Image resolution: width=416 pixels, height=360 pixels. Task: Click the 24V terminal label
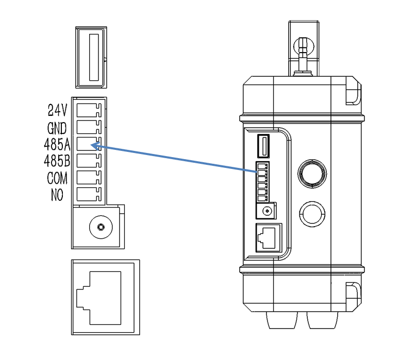point(57,110)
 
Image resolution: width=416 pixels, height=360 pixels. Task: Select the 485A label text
point(57,144)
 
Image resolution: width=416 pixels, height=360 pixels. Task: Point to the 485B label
point(57,161)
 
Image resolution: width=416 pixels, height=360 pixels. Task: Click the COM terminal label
point(58,178)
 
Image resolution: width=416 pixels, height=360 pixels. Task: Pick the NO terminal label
point(57,195)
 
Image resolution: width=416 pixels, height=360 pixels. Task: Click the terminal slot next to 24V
point(88,110)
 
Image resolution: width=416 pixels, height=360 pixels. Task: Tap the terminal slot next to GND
point(88,127)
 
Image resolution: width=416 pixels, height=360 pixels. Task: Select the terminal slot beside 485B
point(88,161)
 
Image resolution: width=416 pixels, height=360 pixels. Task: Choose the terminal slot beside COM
point(88,178)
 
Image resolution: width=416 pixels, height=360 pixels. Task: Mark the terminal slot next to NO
point(88,195)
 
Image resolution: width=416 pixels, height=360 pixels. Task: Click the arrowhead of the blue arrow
point(94,146)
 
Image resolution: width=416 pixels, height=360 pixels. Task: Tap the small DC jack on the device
point(267,211)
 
